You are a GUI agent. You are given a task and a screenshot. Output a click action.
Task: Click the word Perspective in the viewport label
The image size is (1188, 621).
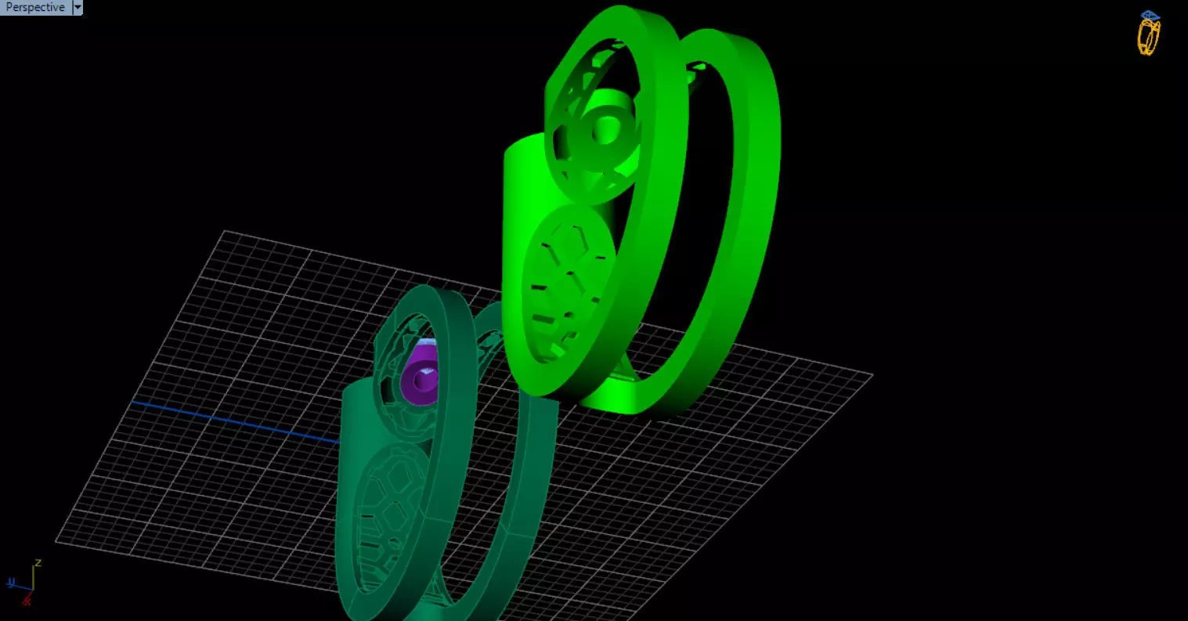35,7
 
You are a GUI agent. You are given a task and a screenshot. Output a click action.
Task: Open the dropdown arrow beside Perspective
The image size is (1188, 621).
77,7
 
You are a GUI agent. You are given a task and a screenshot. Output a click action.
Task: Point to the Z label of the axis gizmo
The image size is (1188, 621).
38,562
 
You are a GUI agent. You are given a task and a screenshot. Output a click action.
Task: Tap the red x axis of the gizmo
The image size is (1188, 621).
27,599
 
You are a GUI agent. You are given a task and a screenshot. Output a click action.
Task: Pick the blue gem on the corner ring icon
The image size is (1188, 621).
1150,15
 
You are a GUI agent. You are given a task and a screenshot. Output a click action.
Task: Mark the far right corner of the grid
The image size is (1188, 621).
872,374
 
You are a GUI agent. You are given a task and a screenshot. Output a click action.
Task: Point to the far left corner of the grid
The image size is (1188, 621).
56,540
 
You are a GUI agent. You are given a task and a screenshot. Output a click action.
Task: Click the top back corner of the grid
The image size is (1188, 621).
225,231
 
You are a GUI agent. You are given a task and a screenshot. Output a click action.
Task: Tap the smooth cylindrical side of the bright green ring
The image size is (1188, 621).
521,235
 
